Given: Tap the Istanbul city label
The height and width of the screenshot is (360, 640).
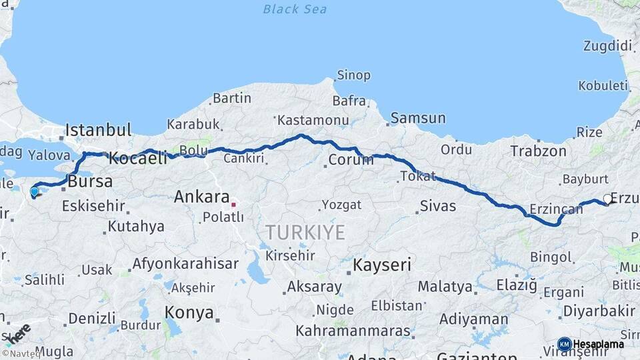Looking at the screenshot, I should pos(99,129).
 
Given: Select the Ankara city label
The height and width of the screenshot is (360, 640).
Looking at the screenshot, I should pos(201,197).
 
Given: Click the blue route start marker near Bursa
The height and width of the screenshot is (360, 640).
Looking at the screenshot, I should pos(35,192).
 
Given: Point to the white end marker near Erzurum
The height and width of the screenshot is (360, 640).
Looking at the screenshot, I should pos(607,198).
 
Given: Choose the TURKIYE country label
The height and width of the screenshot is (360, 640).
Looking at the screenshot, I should pos(305,233).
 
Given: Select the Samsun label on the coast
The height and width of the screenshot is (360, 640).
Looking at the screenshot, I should pos(418,118).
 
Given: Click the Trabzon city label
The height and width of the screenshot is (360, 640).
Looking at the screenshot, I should pos(538,151).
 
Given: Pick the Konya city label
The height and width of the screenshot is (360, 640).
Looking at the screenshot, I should pos(189,312).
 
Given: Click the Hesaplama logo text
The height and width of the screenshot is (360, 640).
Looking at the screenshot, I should pos(599,344).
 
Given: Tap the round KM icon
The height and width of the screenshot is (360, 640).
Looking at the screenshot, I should pos(564,344).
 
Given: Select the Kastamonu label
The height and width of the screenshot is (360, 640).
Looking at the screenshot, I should pos(313,120).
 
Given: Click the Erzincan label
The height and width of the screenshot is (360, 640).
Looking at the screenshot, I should pos(556,209).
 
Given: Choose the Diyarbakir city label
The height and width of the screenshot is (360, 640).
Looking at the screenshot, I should pos(599,311).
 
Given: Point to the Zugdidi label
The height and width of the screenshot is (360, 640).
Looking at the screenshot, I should pos(607,46).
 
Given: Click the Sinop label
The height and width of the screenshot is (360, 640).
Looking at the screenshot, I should pos(354,75).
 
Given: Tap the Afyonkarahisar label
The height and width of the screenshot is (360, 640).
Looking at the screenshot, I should pos(185,263).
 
